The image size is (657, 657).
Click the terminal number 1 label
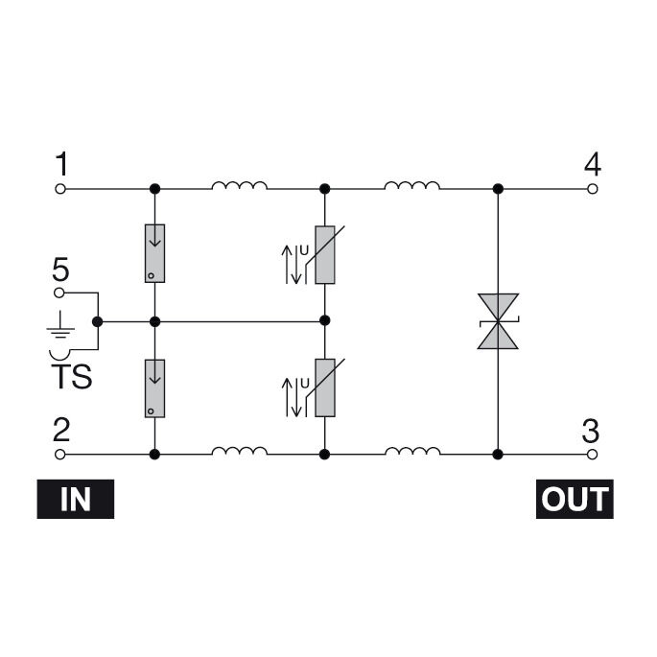pos(61,165)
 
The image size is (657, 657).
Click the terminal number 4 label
pos(593,165)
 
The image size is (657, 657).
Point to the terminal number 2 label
pos(61,429)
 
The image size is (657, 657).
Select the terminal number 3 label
pos(592,429)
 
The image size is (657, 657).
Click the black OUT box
pos(574,499)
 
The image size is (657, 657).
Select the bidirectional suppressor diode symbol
pos(498,320)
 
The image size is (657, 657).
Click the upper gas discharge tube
pos(154,253)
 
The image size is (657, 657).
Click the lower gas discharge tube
pos(154,387)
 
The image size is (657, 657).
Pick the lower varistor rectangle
pos(325,388)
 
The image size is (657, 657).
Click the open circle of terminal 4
pos(593,189)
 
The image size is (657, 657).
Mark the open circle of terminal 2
pos(60,453)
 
